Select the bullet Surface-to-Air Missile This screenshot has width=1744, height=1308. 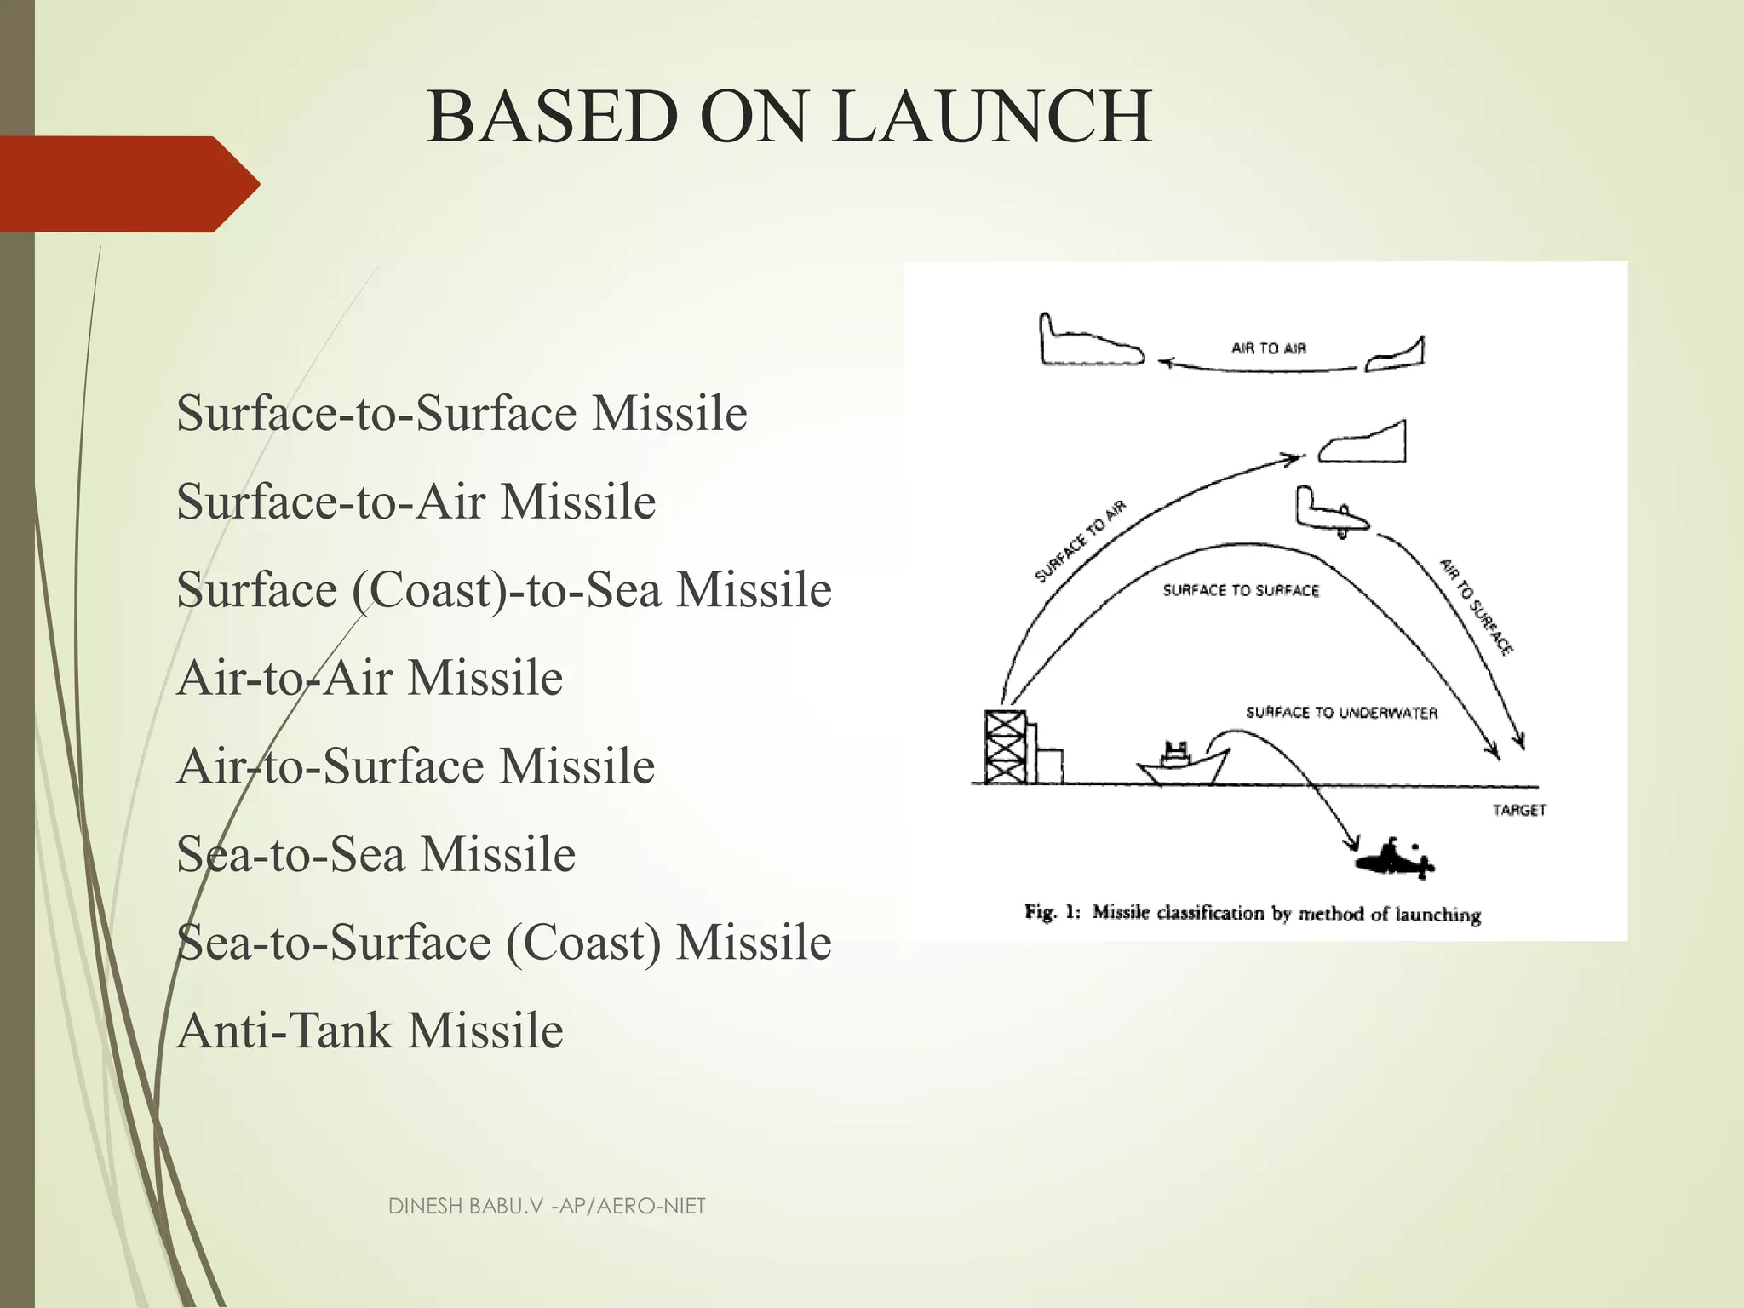416,501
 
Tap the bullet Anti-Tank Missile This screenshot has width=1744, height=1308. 370,1030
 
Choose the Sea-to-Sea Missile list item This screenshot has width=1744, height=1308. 376,854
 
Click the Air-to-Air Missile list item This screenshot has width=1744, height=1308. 370,678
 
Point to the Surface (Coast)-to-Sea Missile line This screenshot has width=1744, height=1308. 503,589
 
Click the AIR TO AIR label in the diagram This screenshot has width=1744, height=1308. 1268,347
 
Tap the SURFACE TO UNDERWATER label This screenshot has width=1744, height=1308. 1341,713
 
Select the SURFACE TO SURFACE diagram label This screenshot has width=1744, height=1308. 1241,590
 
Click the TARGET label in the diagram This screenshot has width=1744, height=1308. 1519,810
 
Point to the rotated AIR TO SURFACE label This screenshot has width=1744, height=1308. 1476,607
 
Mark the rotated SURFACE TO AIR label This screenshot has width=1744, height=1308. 1081,542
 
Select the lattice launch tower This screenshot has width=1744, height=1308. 1005,746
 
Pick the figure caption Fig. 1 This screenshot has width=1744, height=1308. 1253,913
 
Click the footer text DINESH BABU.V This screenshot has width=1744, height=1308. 547,1206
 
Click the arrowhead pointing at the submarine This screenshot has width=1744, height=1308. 1349,844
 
